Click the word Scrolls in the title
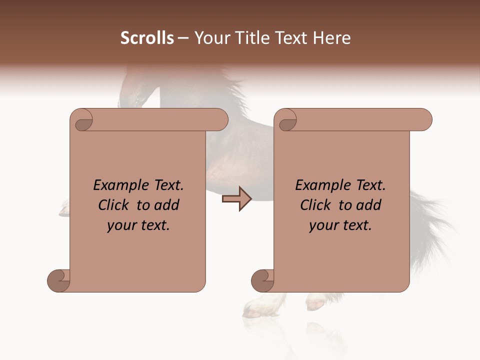click(x=147, y=38)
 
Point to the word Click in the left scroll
click(x=115, y=205)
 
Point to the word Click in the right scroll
click(x=317, y=205)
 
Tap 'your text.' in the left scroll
click(x=138, y=225)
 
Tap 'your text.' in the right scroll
click(x=340, y=225)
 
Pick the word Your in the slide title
click(x=210, y=38)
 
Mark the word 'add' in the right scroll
click(x=369, y=205)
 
